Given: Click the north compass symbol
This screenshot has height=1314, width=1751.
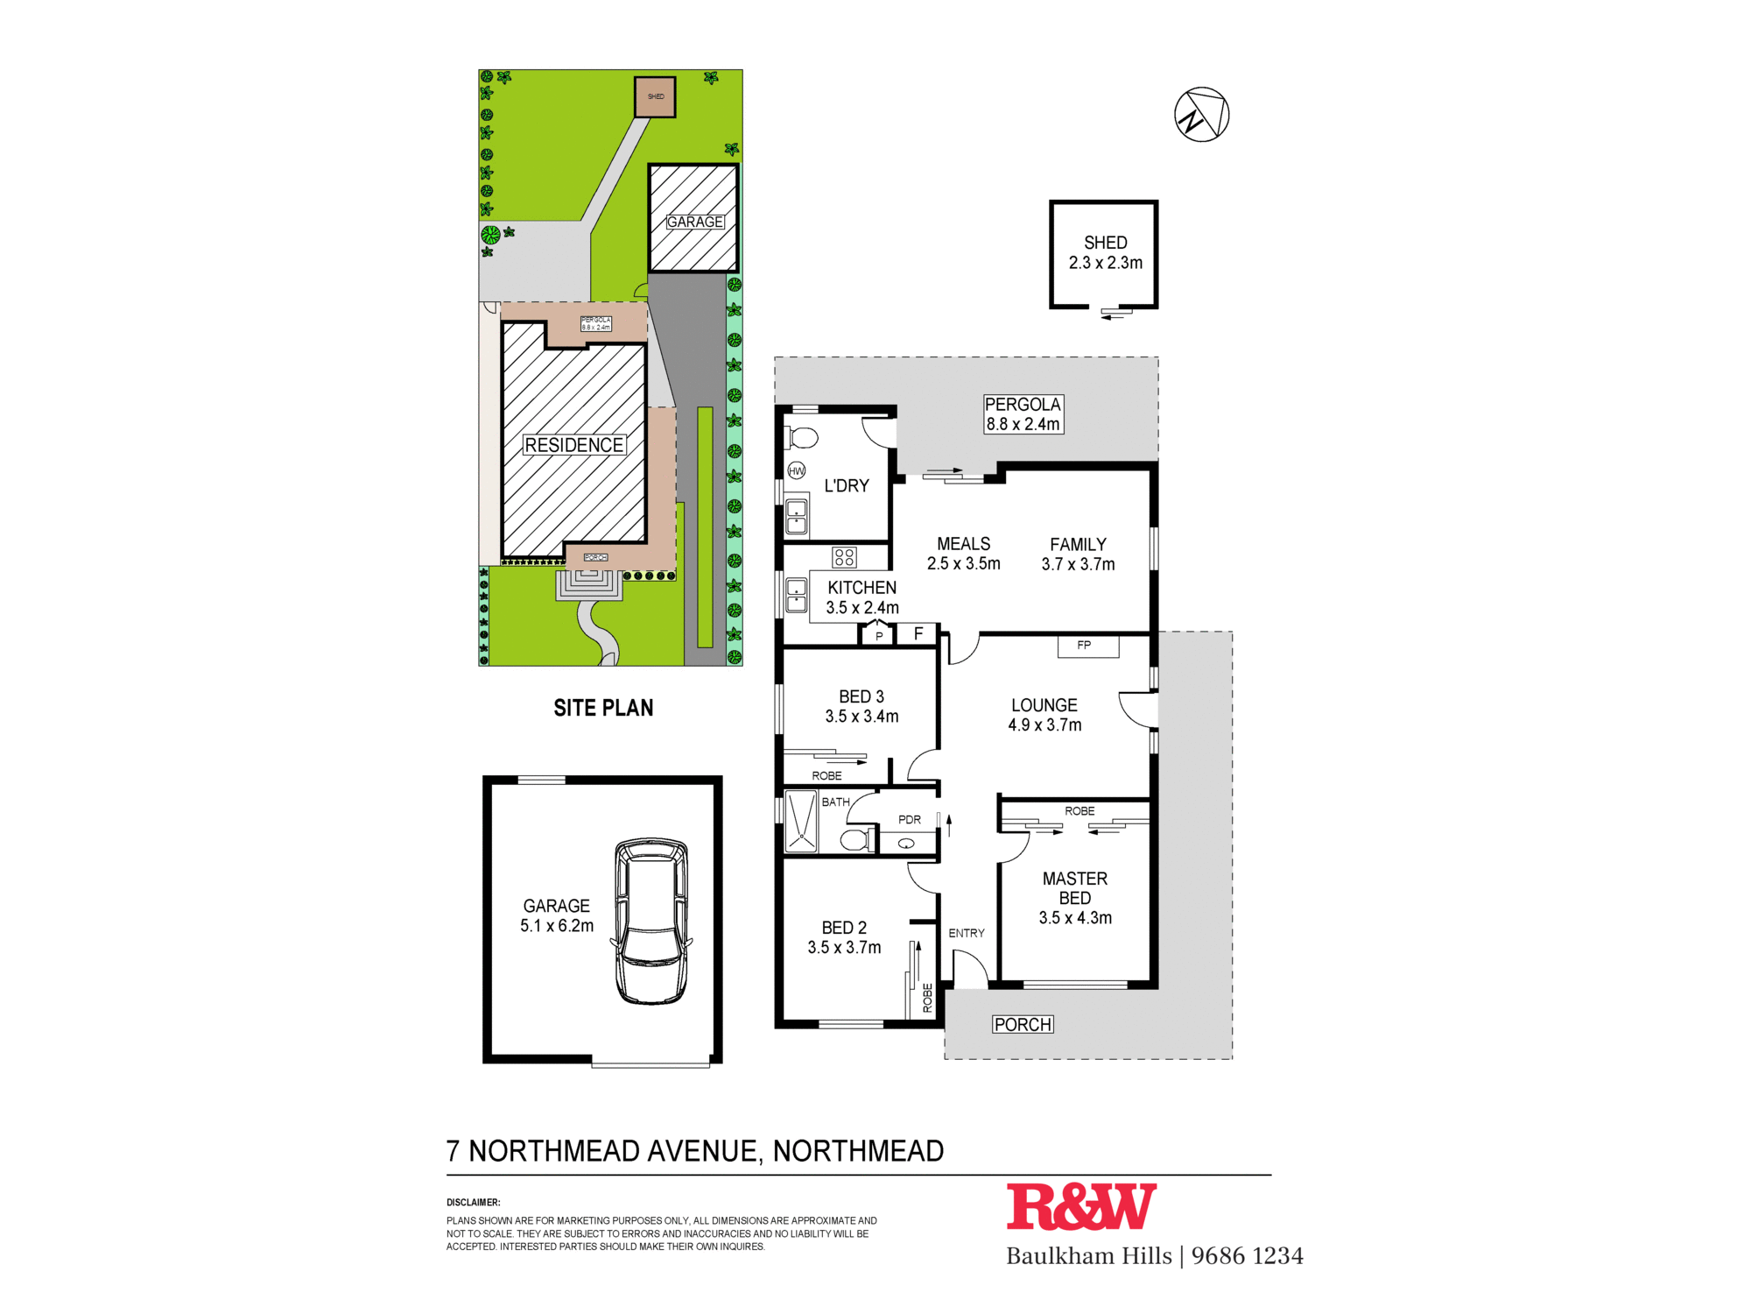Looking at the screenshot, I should [1201, 115].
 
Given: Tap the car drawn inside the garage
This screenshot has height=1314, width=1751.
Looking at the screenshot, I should [650, 921].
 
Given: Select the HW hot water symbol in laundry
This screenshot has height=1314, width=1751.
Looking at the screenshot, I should [797, 470].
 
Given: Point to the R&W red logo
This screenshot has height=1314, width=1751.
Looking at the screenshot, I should [1081, 1207].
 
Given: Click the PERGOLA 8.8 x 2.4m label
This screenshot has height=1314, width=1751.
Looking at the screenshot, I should [1023, 414].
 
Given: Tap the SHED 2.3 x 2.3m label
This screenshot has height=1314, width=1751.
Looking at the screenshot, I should [1105, 252].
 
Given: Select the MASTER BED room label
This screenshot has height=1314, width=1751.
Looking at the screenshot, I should [1075, 888].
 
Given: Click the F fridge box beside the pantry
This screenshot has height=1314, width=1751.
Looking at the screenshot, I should [918, 633].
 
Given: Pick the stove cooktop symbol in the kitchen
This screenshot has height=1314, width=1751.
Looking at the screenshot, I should [844, 557].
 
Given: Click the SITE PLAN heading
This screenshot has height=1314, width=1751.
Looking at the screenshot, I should [603, 708].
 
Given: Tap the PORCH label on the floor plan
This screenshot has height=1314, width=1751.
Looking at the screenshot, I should [1023, 1024].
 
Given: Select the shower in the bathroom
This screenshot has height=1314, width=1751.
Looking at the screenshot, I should [800, 822].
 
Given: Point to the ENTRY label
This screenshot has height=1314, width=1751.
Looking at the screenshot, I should [966, 933].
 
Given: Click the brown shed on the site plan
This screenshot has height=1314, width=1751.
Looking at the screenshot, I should [655, 97].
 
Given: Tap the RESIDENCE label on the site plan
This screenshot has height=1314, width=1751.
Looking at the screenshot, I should [573, 445].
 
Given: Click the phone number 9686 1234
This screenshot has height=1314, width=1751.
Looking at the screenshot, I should [1247, 1256].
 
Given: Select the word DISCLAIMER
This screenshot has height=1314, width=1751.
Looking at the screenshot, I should [473, 1203].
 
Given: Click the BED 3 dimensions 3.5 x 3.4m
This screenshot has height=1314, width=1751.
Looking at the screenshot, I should [861, 717].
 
